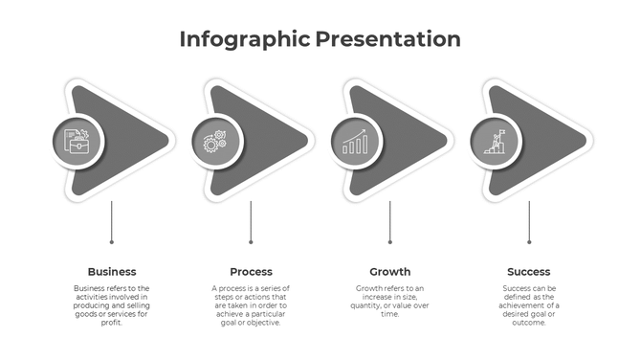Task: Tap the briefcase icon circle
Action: [x=77, y=142]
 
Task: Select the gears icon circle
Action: [x=215, y=142]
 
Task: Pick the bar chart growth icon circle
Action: [x=355, y=142]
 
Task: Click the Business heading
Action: [x=112, y=272]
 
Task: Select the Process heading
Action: [x=251, y=272]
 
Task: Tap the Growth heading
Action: [x=390, y=272]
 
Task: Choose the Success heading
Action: [x=529, y=272]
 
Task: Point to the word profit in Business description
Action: [x=112, y=323]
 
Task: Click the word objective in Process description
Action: [x=267, y=323]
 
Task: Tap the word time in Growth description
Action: [x=390, y=314]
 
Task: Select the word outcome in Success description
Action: [x=529, y=323]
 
